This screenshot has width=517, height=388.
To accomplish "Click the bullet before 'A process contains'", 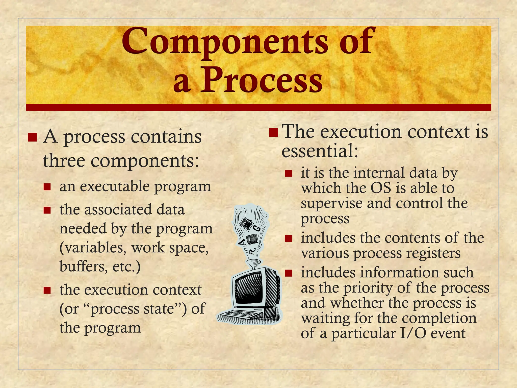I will click(33, 137).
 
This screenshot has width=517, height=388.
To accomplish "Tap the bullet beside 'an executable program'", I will click(47, 187).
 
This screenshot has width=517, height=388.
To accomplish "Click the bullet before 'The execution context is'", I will click(274, 132).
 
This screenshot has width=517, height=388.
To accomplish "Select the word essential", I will click(319, 151).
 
